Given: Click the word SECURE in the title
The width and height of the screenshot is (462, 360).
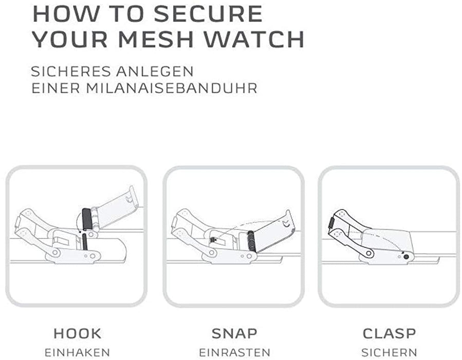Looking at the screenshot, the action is pos(208,13).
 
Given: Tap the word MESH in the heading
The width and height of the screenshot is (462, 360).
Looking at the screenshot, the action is pos(156,39).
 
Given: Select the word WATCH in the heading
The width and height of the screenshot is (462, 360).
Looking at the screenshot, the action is pos(254,39).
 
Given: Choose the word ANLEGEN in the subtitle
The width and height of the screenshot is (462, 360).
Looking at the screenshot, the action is pos(155,71).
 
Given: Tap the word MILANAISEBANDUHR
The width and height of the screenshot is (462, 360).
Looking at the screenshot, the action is pos(172,88).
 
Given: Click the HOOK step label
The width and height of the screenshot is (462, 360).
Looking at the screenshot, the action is pos(78,333).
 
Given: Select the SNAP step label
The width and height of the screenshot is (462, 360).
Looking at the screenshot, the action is pos(234,333).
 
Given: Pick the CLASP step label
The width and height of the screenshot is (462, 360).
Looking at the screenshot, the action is pos(389,333).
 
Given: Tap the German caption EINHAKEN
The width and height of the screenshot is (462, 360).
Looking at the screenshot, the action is pos(77,352).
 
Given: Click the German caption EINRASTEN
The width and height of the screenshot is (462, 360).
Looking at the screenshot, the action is pos(234,352).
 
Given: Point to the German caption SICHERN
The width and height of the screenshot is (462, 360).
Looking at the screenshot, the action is pos(389,352).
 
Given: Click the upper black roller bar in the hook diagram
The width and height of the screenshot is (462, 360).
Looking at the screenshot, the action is pos(86,220).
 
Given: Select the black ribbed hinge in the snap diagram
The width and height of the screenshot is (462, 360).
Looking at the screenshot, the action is pos(251,241).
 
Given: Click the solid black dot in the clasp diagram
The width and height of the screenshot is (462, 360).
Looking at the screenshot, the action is pos(406,257).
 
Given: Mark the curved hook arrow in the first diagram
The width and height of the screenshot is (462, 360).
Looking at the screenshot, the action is pos(76,222).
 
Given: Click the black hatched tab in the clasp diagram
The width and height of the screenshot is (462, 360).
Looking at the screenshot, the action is pos(330,223).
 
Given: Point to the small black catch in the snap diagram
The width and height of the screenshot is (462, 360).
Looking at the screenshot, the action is pos(213,240).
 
